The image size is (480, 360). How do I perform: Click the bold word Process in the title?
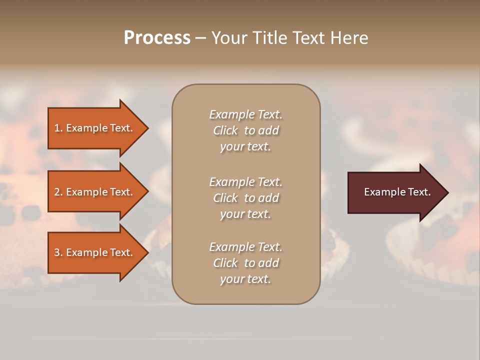[x=157, y=38]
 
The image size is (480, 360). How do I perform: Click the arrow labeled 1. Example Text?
[x=95, y=128]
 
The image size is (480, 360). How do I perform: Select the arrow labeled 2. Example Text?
[x=95, y=192]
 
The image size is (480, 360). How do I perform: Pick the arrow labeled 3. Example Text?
[x=95, y=252]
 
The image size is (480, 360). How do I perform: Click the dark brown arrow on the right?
[x=395, y=192]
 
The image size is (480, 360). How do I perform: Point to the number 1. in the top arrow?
[x=58, y=128]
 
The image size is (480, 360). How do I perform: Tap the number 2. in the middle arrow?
[x=58, y=192]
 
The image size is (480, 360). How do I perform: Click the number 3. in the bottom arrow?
[x=58, y=252]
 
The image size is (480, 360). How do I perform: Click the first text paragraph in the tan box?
[x=245, y=130]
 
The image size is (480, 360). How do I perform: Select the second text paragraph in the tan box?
[x=245, y=198]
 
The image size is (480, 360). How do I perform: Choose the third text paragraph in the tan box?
[x=245, y=263]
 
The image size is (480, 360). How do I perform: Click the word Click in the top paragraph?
[x=225, y=130]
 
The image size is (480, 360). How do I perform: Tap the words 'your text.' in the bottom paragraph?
[x=245, y=279]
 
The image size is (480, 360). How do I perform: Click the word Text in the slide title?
[x=309, y=38]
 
